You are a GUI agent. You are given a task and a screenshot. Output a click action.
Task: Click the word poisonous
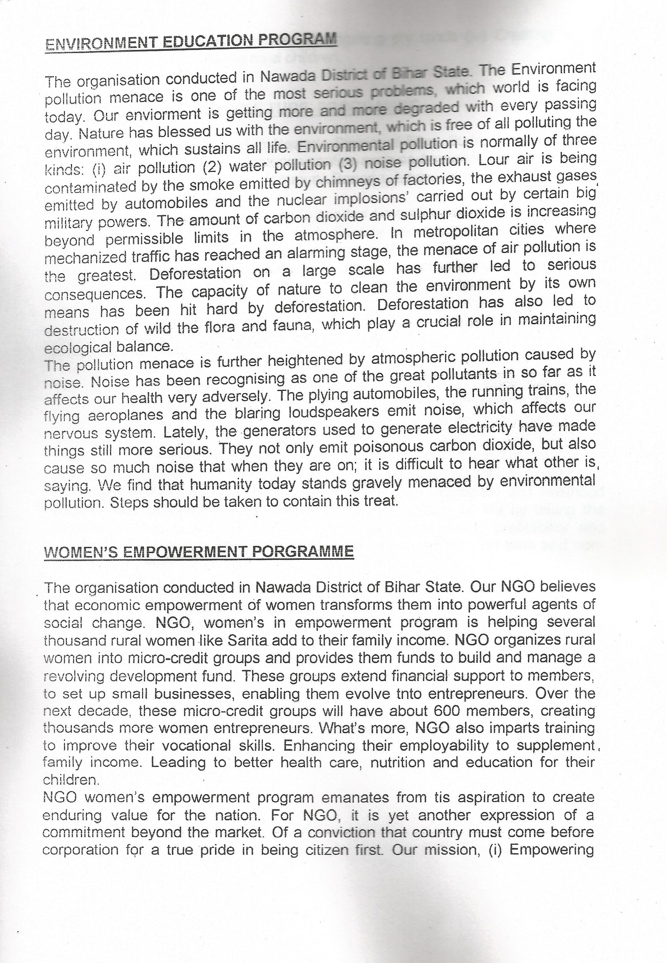click(387, 447)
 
